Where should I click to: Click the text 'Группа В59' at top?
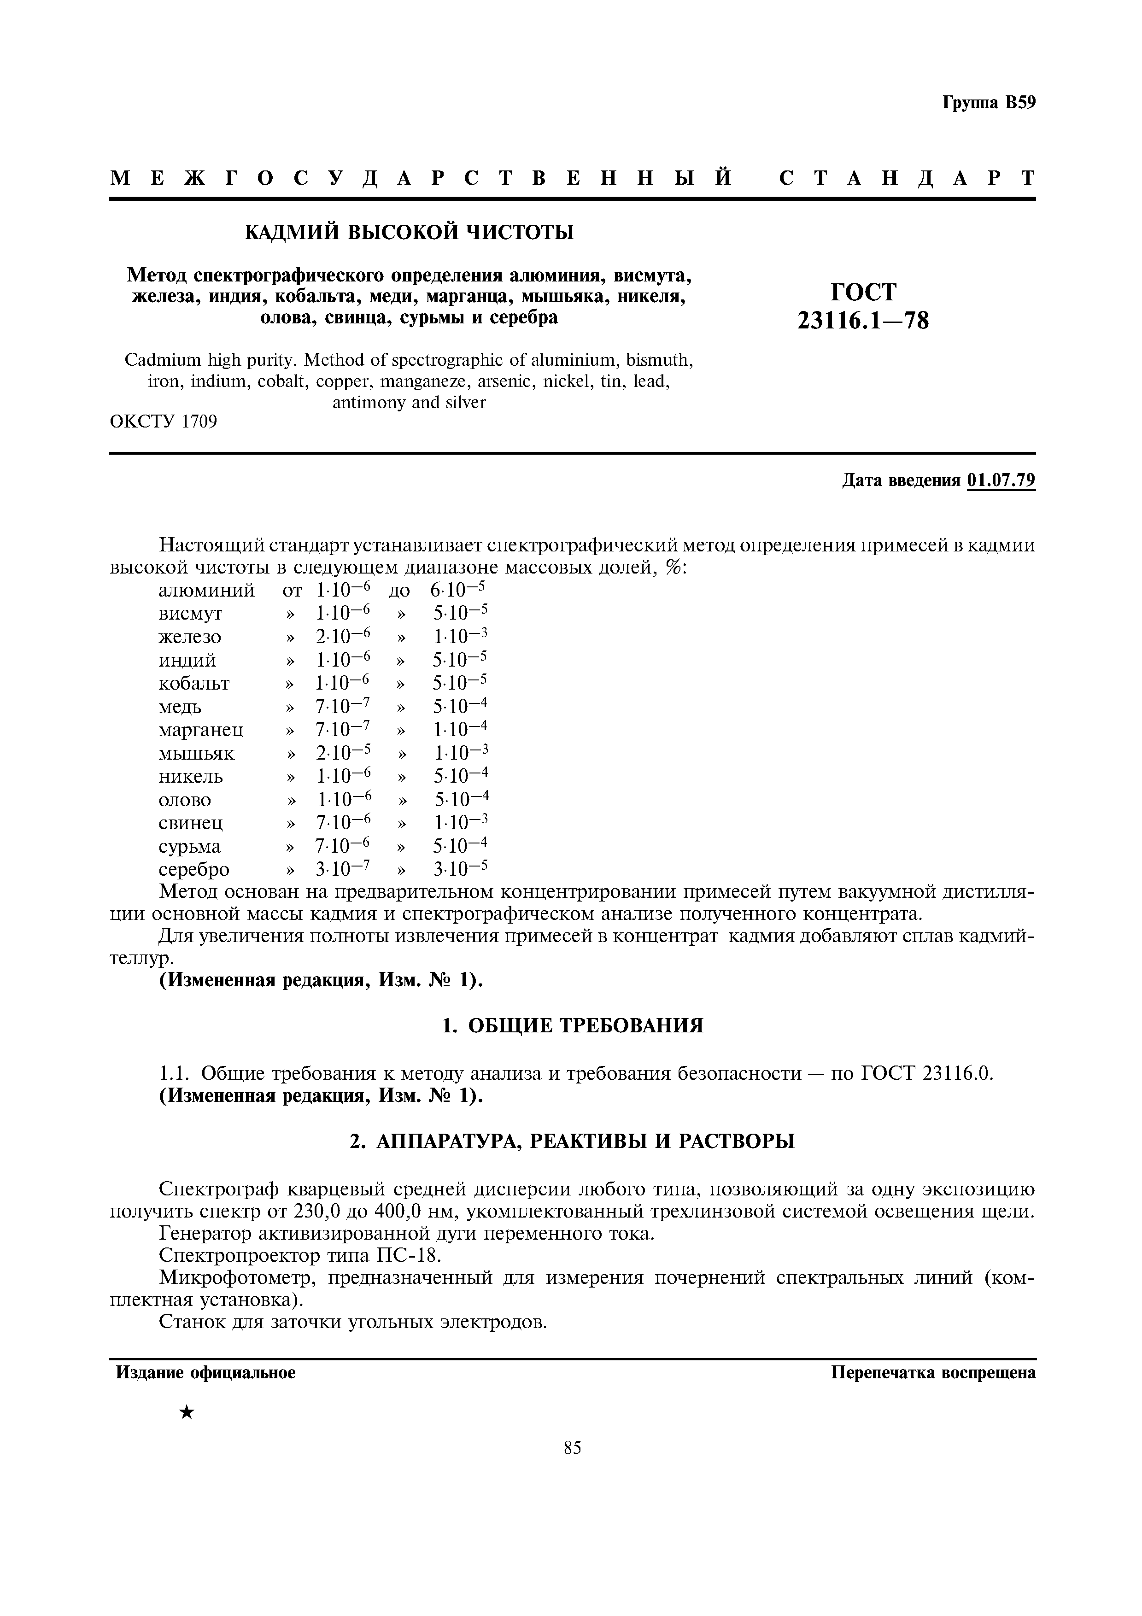(989, 103)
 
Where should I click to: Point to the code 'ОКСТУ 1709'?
(163, 422)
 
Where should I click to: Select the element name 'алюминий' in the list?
(207, 590)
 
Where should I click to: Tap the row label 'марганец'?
(201, 730)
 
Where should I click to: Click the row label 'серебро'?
(194, 869)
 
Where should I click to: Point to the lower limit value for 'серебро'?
(343, 869)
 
